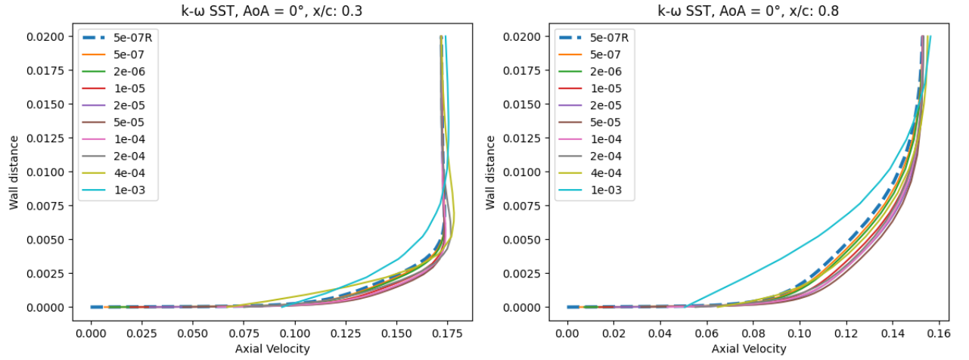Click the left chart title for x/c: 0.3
click(272, 12)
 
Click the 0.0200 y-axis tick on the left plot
click(47, 36)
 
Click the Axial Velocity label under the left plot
click(272, 349)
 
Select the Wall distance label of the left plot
click(14, 172)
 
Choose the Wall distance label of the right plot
click(491, 172)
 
